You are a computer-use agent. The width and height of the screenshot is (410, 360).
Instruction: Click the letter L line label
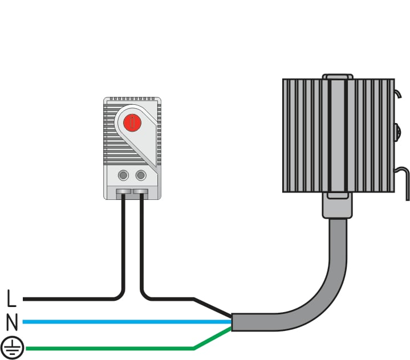[11, 298]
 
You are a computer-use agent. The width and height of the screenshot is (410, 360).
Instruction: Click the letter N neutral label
[12, 322]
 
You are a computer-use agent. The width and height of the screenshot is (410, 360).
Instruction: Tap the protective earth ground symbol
[12, 347]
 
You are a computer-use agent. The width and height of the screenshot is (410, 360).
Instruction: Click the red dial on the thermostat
[132, 123]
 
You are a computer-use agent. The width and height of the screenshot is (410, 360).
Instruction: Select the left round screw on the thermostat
[123, 175]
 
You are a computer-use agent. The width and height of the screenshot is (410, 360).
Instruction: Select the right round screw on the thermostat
[141, 175]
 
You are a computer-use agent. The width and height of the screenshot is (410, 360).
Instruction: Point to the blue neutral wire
[127, 322]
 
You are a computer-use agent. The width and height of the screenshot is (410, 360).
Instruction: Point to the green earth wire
[110, 348]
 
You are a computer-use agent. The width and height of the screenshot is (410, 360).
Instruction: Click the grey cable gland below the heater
[338, 205]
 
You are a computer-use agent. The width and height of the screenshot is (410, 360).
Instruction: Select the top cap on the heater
[338, 76]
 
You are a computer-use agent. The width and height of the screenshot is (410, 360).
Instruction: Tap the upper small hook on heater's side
[397, 93]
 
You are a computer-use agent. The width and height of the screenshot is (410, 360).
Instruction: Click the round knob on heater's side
[397, 133]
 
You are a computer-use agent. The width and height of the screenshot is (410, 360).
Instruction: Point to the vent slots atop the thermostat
[132, 99]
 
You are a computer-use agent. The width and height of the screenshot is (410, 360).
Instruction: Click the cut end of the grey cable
[232, 322]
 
